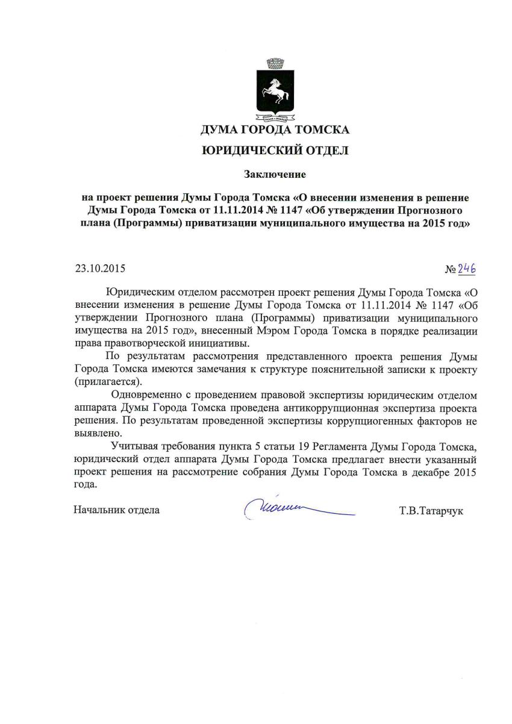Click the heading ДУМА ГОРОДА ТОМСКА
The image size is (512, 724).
click(275, 130)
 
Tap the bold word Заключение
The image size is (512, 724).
click(275, 175)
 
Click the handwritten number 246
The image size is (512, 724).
click(467, 269)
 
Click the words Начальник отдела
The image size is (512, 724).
click(117, 510)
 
